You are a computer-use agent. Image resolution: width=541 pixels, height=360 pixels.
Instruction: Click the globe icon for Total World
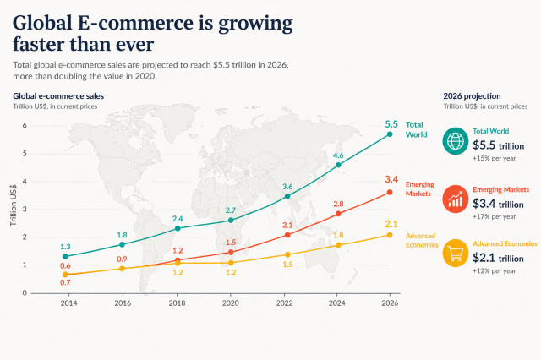click(x=456, y=140)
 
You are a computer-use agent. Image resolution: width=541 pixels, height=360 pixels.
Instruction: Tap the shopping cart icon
click(x=456, y=254)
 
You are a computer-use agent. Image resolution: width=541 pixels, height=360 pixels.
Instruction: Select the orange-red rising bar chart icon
click(x=456, y=199)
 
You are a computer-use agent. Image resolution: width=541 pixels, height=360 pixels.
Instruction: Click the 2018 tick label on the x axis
click(x=177, y=303)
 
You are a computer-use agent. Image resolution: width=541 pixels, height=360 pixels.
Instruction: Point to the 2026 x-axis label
click(x=390, y=303)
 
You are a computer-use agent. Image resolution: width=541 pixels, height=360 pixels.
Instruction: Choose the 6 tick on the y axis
click(x=25, y=125)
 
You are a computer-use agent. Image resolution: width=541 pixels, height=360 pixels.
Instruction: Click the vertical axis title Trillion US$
click(x=14, y=205)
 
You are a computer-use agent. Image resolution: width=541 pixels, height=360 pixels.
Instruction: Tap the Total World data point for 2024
click(x=338, y=165)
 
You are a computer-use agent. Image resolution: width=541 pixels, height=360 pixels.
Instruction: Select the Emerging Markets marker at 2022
click(x=287, y=235)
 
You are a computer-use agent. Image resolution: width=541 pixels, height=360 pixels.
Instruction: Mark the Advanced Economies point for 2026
click(x=390, y=235)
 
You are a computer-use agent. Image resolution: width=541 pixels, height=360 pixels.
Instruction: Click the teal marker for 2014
click(x=65, y=256)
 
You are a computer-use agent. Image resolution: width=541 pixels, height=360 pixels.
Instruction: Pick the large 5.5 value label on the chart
click(x=391, y=124)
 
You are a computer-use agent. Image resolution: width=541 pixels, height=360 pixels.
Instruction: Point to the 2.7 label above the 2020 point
click(x=231, y=210)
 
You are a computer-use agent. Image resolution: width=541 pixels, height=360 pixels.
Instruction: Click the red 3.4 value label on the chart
click(x=391, y=179)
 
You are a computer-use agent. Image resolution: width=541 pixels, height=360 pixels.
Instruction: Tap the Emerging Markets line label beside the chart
click(x=420, y=189)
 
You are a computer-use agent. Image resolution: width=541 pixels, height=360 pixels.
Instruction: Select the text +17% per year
click(x=494, y=216)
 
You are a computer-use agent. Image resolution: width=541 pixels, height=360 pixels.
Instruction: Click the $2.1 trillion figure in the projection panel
click(x=498, y=258)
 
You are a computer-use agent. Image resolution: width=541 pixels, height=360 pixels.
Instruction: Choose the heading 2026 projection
click(x=472, y=96)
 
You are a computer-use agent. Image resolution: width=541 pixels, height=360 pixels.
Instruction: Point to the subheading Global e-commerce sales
click(x=58, y=96)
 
